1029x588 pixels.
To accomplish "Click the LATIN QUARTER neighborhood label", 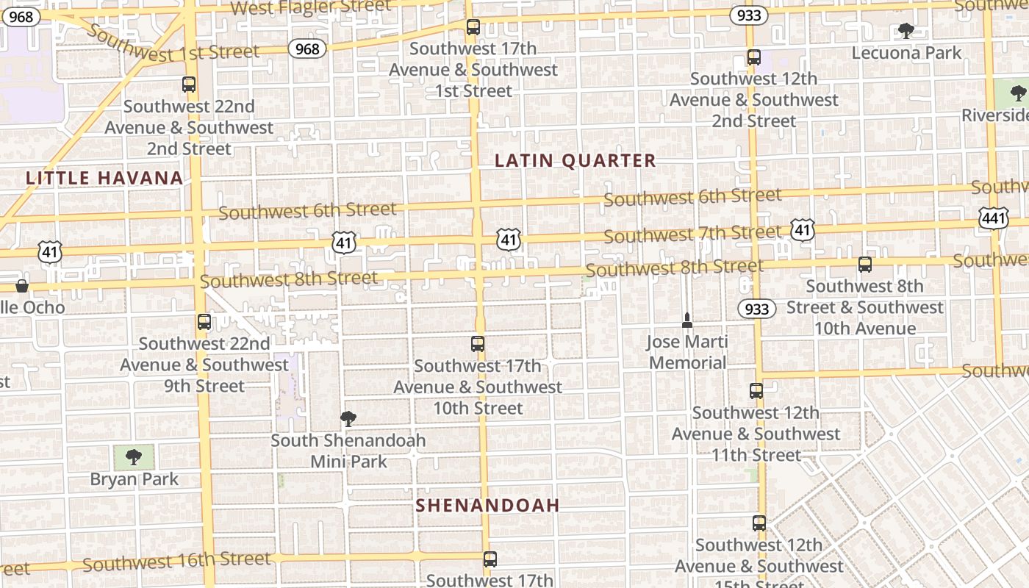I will tap(575, 161).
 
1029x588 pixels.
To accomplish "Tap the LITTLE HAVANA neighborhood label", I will tap(104, 178).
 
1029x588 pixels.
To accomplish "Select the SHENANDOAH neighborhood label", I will tap(487, 506).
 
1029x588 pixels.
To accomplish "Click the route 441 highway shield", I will tap(993, 218).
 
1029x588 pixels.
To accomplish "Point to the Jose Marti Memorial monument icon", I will tap(687, 320).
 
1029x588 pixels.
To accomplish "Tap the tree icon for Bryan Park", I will tap(134, 457).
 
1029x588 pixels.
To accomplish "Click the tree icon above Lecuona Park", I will tap(906, 31).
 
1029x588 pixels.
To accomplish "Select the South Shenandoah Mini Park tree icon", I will tap(348, 419).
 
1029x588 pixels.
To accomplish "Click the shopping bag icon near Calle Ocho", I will tap(22, 286).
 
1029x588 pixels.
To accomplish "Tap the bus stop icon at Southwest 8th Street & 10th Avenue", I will tap(865, 265).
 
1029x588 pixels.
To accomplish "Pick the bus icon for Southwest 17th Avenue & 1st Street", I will tap(473, 27).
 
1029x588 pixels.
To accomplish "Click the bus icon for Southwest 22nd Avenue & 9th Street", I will tap(204, 322).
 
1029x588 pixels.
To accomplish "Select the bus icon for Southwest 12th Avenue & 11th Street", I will tap(756, 391).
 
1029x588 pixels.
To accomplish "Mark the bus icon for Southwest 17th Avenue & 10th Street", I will tap(478, 344).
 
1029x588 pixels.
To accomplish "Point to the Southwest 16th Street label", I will tap(176, 562).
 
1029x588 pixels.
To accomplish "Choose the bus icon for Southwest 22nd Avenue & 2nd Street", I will tap(189, 85).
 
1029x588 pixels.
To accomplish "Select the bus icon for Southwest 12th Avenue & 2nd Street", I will tap(753, 57).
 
